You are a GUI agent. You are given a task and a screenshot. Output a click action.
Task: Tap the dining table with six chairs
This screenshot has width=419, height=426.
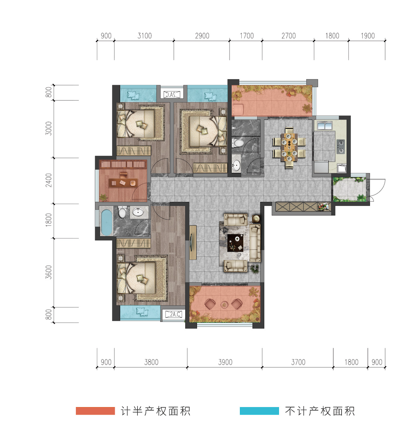[x=289, y=148]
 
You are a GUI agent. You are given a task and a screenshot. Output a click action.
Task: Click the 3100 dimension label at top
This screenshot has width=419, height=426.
[x=144, y=36]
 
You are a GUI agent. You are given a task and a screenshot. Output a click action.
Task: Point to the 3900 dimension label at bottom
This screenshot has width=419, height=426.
[x=225, y=362]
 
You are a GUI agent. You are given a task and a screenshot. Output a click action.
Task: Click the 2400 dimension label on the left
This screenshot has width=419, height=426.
[x=49, y=180]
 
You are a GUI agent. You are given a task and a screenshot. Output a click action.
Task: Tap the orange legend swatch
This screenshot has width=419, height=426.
[x=95, y=411]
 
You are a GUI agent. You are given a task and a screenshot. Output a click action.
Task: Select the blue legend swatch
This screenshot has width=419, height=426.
[x=259, y=411]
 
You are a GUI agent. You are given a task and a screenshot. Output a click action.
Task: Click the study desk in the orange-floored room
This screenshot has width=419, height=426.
[x=123, y=182]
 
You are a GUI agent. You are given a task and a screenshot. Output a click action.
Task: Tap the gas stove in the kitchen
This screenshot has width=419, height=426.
[x=341, y=146]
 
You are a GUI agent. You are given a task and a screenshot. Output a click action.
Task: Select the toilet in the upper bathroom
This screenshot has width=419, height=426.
[x=238, y=143]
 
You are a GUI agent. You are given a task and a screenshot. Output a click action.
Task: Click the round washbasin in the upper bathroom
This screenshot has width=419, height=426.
[x=236, y=164]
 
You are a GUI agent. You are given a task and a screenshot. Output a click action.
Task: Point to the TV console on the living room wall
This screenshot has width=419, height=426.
[x=193, y=242]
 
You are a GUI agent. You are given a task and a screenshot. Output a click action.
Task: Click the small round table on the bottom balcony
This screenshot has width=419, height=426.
[x=225, y=305]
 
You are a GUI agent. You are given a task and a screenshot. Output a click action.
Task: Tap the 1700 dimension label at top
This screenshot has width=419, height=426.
[x=247, y=36]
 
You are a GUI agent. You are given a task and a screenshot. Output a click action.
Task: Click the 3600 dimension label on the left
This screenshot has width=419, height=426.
[x=49, y=272]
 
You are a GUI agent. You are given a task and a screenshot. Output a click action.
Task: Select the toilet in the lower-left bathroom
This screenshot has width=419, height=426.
[x=122, y=212]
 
